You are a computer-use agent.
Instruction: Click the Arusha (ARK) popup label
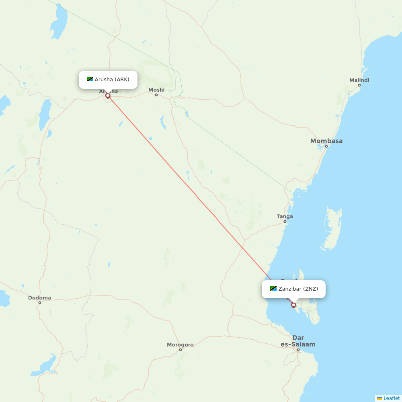coord(112,80)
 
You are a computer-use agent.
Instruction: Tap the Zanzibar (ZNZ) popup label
coord(298,289)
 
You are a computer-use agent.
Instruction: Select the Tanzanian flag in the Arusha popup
coord(90,80)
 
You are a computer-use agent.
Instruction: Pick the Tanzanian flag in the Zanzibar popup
coord(273,289)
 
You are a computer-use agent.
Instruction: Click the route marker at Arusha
coord(108,96)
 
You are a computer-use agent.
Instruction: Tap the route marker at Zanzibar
coord(293,305)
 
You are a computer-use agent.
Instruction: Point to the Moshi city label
coord(156,90)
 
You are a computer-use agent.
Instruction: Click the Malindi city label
coord(359,80)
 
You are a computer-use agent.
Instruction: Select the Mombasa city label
coord(326,141)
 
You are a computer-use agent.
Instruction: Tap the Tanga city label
coord(285,216)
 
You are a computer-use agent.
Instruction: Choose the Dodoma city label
coord(39,298)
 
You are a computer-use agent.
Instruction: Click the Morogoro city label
coord(180,345)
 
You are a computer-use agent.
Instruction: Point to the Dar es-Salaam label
coord(298,341)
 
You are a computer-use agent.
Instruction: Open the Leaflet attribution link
coord(391,398)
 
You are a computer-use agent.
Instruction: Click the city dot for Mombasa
coord(326,146)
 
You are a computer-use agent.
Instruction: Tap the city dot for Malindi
coord(359,85)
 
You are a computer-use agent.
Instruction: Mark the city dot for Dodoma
coord(40,303)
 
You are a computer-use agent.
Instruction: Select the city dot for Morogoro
coord(180,350)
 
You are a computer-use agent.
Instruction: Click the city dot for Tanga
coord(285,222)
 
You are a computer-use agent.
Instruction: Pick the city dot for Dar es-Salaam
coord(298,350)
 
